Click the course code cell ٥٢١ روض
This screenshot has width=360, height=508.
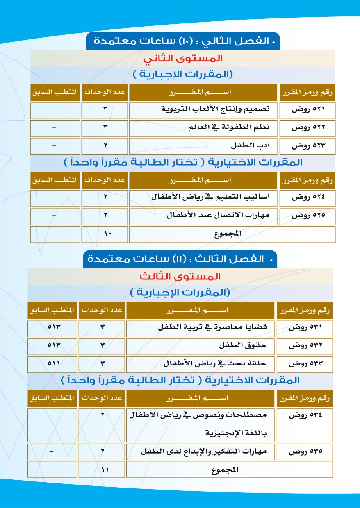[x=308, y=109]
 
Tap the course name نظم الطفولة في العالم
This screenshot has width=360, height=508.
[x=235, y=127]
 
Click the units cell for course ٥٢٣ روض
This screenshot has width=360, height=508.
[x=105, y=145]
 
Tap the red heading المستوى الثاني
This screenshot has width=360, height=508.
[x=183, y=58]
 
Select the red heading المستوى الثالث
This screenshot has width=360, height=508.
[x=180, y=276]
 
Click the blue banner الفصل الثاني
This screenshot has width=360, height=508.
[x=183, y=41]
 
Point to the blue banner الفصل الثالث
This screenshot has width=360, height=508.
[x=180, y=259]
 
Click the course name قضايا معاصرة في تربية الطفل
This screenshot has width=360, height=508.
[x=212, y=327]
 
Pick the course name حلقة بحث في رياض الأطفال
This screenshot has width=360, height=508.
[x=216, y=363]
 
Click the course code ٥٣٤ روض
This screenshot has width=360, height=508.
[x=305, y=415]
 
